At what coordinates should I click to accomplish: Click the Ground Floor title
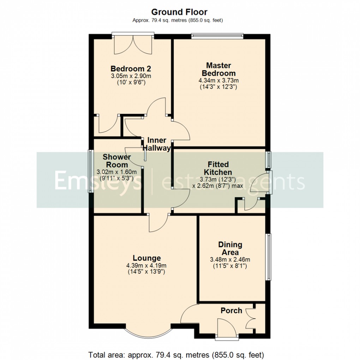[x=180, y=12]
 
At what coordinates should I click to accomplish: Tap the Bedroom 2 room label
[x=128, y=68]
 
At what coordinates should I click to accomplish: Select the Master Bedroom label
[x=218, y=69]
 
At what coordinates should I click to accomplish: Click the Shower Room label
[x=117, y=161]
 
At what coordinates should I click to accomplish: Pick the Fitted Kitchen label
[x=218, y=168]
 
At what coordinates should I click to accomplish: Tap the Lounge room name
[x=146, y=258]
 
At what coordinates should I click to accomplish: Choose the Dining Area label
[x=230, y=248]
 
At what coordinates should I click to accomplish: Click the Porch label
[x=232, y=311]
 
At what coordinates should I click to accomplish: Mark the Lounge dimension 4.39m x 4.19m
[x=146, y=265]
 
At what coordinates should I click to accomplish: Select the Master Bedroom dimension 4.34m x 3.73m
[x=218, y=80]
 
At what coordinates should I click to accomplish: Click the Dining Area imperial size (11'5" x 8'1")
[x=230, y=266]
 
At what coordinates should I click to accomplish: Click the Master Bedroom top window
[x=217, y=35]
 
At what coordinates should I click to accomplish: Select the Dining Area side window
[x=269, y=257]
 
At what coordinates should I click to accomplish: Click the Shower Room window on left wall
[x=90, y=172]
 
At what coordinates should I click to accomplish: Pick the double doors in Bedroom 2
[x=133, y=45]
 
